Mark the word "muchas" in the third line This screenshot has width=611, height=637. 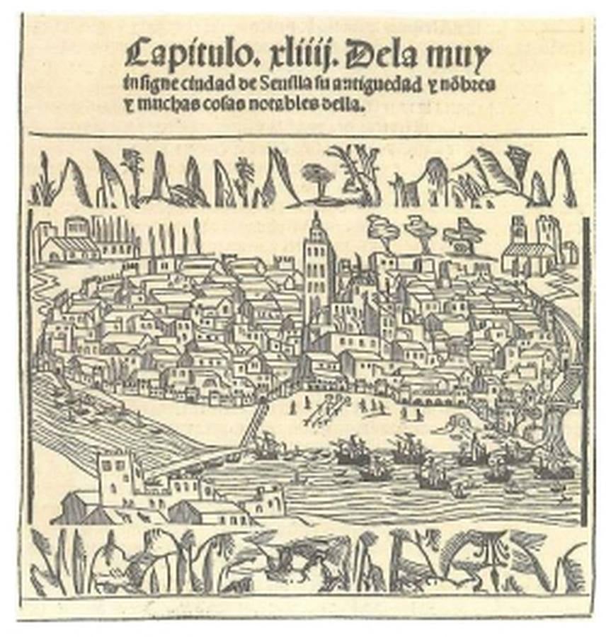171,106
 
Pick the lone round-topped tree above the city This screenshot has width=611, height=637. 318,174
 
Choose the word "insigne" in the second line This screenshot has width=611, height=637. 142,84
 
